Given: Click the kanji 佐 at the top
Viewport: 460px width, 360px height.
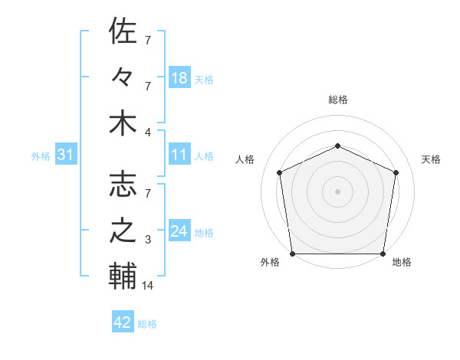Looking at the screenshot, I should click(x=123, y=31).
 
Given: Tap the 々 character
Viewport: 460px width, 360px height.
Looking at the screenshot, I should click(x=123, y=77).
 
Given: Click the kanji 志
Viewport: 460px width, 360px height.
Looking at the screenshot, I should click(x=123, y=185).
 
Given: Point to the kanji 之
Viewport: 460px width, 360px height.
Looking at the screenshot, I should click(x=123, y=231).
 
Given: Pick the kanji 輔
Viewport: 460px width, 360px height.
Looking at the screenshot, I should click(x=123, y=277).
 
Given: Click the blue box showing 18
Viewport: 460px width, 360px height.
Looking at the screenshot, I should click(x=179, y=78).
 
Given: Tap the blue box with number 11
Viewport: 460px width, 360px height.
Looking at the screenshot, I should click(x=179, y=155).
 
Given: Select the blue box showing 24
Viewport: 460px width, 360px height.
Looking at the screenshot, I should click(x=179, y=232).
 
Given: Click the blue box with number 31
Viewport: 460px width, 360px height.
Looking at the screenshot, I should click(x=66, y=155).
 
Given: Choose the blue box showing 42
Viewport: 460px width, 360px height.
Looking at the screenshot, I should click(x=123, y=322).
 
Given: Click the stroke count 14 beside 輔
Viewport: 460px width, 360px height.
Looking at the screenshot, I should click(x=148, y=286).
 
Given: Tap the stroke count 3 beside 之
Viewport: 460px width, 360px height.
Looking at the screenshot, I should click(x=148, y=240).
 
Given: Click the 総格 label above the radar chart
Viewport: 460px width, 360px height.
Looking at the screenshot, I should click(x=338, y=100).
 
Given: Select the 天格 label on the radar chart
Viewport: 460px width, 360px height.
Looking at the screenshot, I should click(x=432, y=159).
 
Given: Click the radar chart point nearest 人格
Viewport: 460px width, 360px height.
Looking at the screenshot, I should click(x=280, y=172).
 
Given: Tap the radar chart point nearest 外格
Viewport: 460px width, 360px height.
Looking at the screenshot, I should click(x=293, y=254).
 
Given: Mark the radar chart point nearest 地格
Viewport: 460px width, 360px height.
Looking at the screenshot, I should click(x=383, y=254).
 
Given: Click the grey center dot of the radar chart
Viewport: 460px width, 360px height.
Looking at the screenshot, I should click(x=337, y=191).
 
